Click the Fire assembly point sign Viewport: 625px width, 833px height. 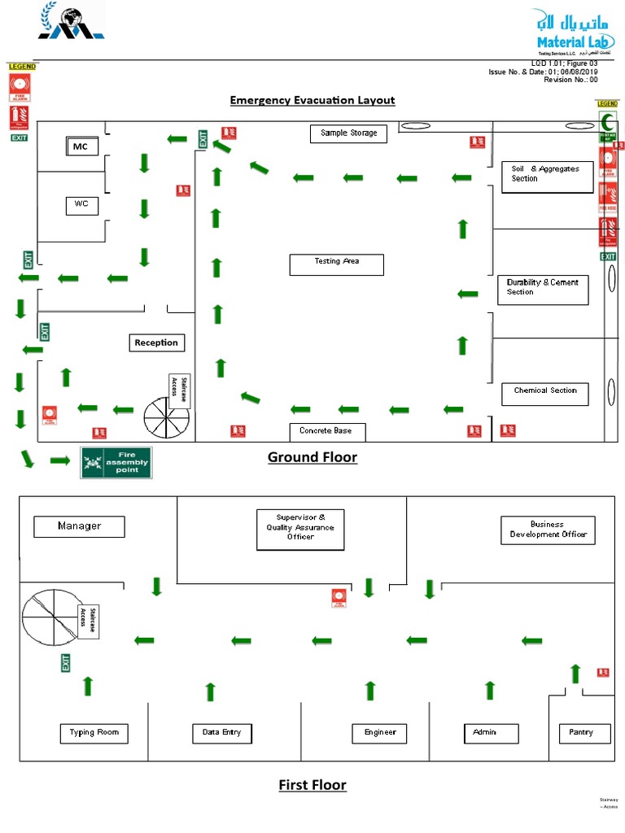[x=116, y=462]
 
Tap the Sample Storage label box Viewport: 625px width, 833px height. [x=348, y=133]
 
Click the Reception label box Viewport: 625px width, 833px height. [x=156, y=342]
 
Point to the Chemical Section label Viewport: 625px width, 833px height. [x=544, y=393]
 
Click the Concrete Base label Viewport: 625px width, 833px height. [x=326, y=432]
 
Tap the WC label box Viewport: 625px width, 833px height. [x=81, y=205]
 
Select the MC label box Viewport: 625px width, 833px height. [x=81, y=146]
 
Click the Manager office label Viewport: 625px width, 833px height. [x=79, y=526]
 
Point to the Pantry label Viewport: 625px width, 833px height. [x=581, y=733]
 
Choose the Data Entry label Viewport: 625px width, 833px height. [x=221, y=733]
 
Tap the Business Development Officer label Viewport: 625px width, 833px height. [x=546, y=530]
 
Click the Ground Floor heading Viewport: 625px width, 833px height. [x=312, y=457]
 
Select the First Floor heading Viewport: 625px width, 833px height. [x=312, y=785]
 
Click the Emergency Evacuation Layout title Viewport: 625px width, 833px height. [x=312, y=100]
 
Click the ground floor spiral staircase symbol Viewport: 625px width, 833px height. [x=166, y=417]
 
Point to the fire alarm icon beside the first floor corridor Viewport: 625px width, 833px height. [x=339, y=598]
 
